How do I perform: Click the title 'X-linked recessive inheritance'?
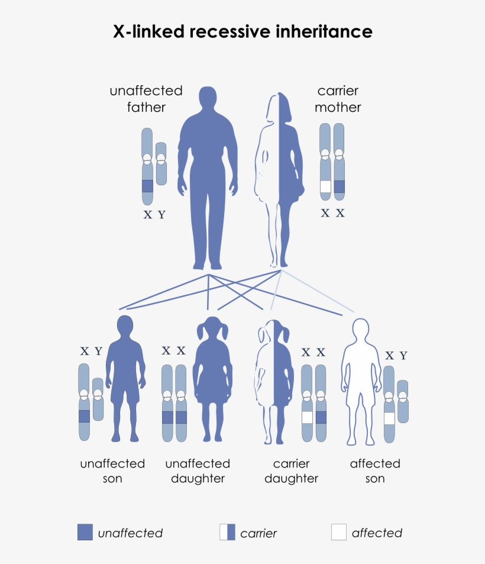point(242,31)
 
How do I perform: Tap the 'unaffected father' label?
point(145,99)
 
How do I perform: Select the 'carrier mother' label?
point(338,99)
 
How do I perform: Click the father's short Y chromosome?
point(161,164)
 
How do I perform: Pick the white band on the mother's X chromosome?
point(325,187)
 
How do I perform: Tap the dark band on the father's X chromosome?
point(147,186)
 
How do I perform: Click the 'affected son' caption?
point(375,470)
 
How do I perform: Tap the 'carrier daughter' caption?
point(291,470)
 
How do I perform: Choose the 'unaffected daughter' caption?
point(198,470)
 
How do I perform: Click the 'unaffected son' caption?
point(112,470)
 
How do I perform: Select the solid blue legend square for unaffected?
point(85,532)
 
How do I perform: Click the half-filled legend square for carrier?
point(227,532)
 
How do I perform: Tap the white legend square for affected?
point(339,532)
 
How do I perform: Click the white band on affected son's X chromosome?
point(389,418)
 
